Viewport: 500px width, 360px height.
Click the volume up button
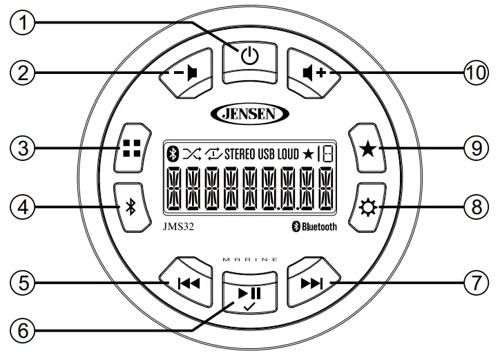click(x=313, y=71)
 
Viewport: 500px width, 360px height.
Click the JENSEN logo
click(x=249, y=113)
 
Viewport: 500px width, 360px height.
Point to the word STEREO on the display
click(x=240, y=153)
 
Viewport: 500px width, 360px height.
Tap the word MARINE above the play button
click(x=249, y=258)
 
